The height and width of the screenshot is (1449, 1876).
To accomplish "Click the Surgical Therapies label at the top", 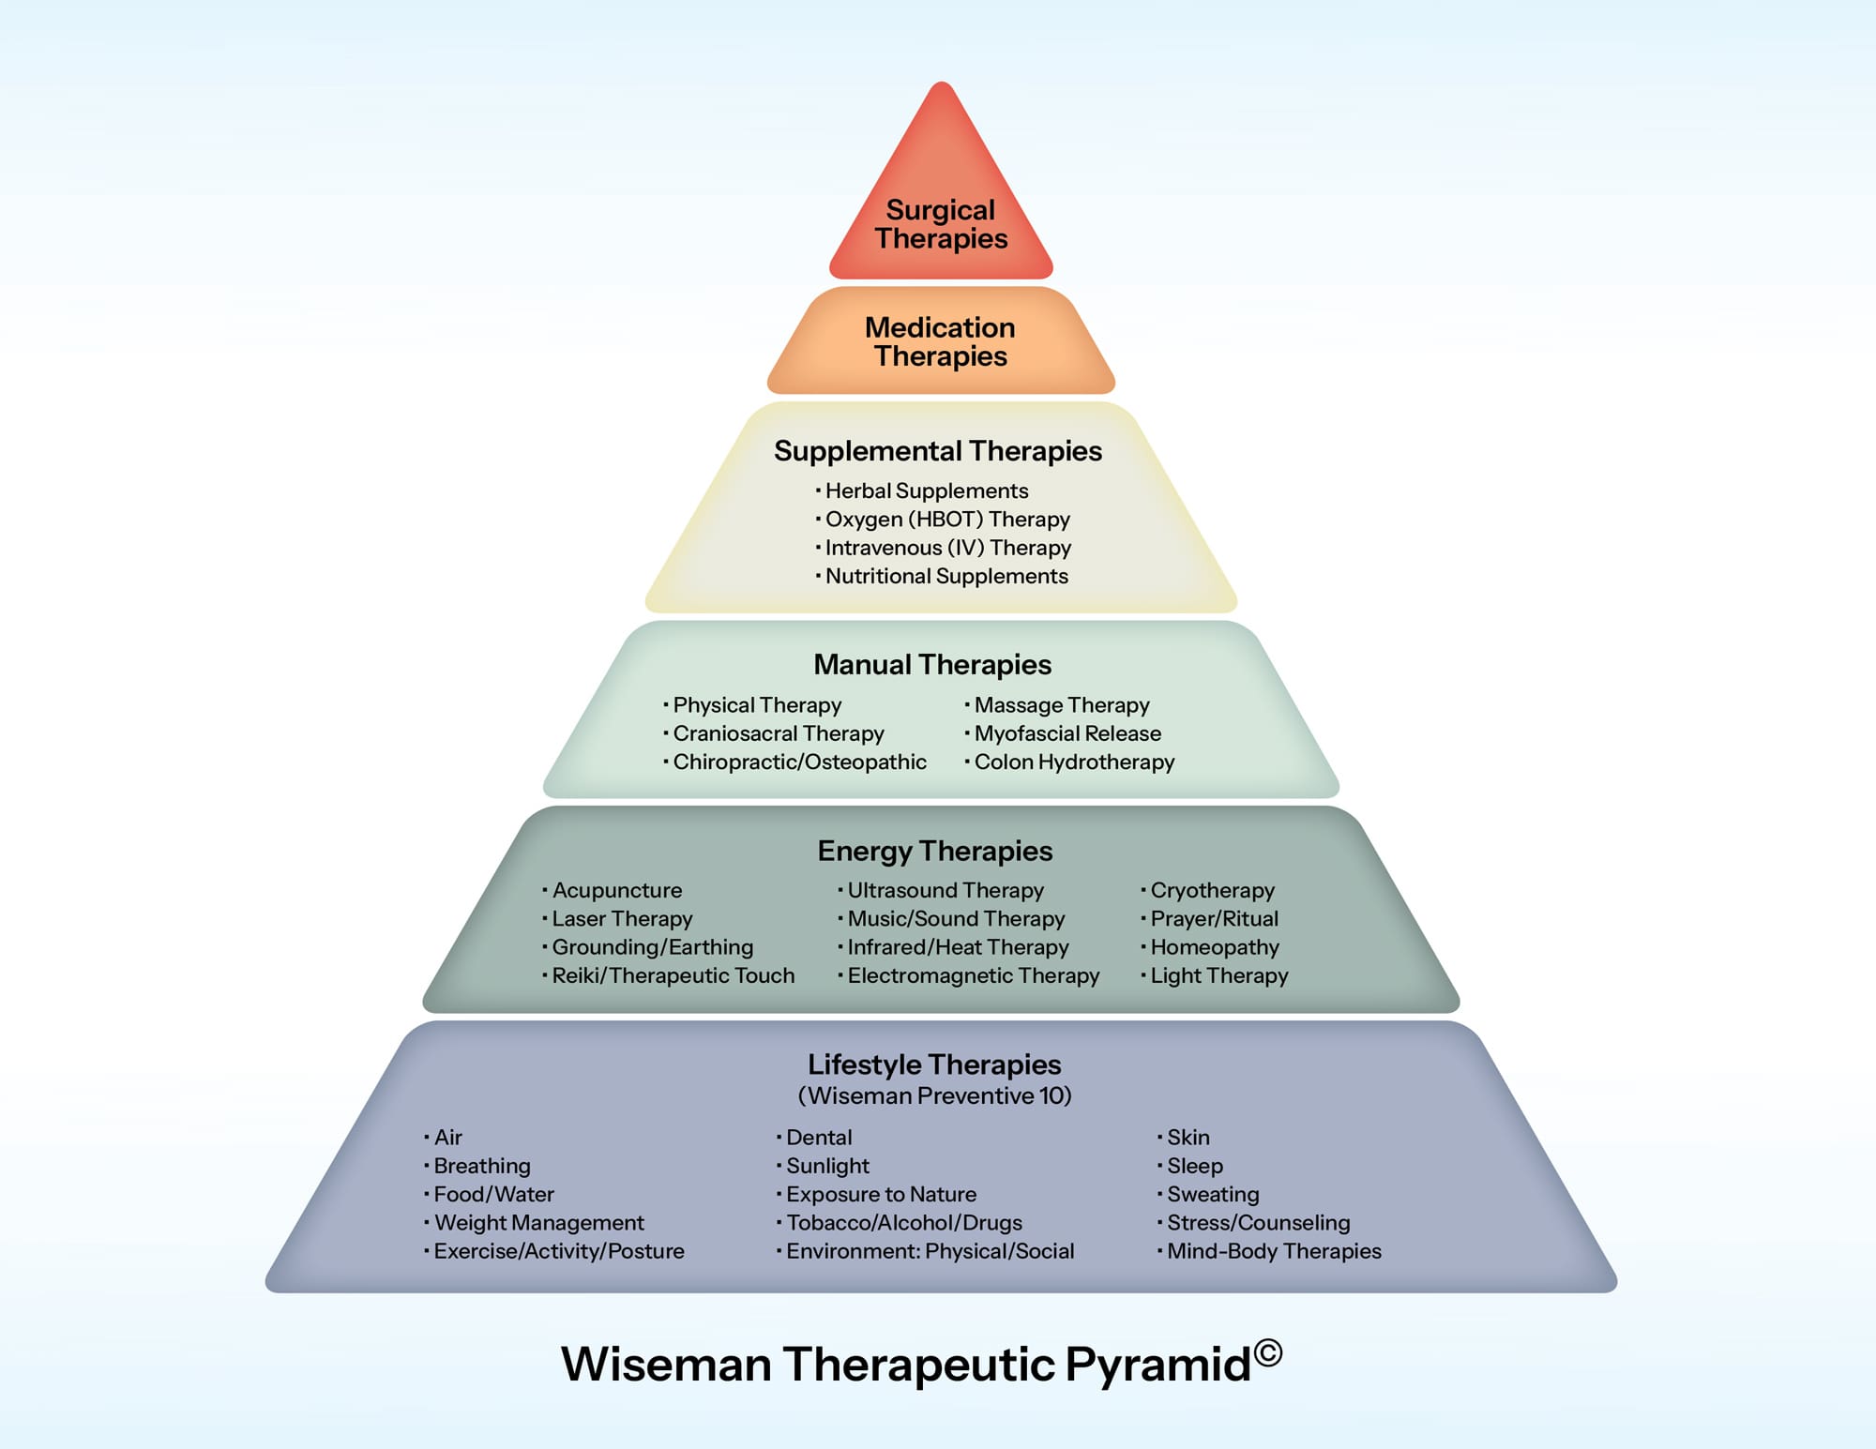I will click(941, 224).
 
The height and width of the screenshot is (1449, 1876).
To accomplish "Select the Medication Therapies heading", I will click(940, 341).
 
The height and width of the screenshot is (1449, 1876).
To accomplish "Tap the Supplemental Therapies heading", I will click(938, 451).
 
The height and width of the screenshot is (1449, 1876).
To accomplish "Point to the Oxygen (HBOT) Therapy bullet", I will click(946, 520).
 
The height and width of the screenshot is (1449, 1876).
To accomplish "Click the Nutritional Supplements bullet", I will click(946, 577).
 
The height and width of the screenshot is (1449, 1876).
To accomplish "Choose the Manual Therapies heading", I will click(932, 665).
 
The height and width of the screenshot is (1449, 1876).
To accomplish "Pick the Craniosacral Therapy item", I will click(778, 733).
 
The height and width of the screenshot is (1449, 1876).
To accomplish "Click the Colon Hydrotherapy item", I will click(1073, 762).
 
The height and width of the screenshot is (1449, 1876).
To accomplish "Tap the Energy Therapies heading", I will click(935, 851).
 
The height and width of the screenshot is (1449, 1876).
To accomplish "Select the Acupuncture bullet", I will click(616, 890).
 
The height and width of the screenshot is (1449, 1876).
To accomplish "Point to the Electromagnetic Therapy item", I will click(973, 976).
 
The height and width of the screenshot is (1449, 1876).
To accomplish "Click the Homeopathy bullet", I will click(1214, 947).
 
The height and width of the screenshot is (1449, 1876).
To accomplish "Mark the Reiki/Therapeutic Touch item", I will click(673, 976).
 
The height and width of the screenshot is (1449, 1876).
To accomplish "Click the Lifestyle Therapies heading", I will click(934, 1064).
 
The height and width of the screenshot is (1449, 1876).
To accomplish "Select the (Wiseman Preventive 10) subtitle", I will click(934, 1095).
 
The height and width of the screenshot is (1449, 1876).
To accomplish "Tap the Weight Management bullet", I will click(538, 1223).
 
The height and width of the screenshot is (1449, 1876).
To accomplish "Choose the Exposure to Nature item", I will click(881, 1195).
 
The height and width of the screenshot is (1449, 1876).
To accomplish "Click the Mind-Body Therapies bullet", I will click(1273, 1251).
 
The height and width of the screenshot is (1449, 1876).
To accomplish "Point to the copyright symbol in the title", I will click(1268, 1352).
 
